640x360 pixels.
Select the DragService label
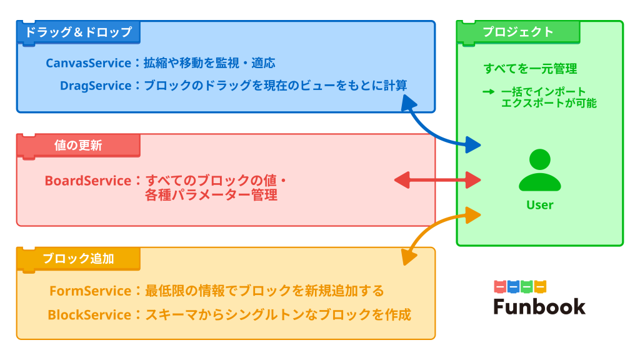click(96, 85)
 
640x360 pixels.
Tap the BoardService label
click(87, 181)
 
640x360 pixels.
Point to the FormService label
click(90, 291)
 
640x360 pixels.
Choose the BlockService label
click(89, 314)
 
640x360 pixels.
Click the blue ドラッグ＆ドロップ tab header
click(78, 32)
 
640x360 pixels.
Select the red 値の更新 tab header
click(78, 146)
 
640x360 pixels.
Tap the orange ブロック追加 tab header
click(78, 258)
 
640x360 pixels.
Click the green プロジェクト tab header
click(517, 32)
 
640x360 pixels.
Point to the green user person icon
click(539, 171)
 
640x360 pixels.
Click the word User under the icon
click(539, 205)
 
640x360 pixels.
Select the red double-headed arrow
click(437, 181)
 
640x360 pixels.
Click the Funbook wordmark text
click(539, 306)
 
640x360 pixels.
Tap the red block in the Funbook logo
click(499, 287)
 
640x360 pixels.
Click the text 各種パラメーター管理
click(211, 195)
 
